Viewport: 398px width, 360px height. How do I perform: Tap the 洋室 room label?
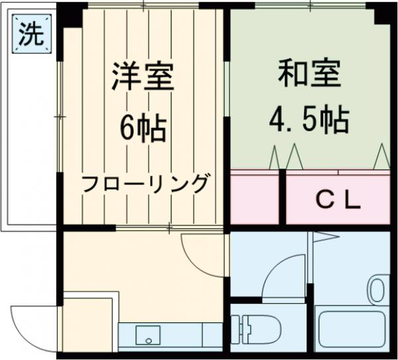pyautogui.click(x=143, y=77)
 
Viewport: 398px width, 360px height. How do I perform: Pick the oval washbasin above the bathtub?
pyautogui.click(x=377, y=290)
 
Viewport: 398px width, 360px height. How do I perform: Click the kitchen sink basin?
pyautogui.click(x=148, y=335)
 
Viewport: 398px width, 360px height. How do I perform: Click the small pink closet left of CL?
pyautogui.click(x=255, y=198)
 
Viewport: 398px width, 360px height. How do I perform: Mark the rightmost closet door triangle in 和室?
pyautogui.click(x=381, y=157)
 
